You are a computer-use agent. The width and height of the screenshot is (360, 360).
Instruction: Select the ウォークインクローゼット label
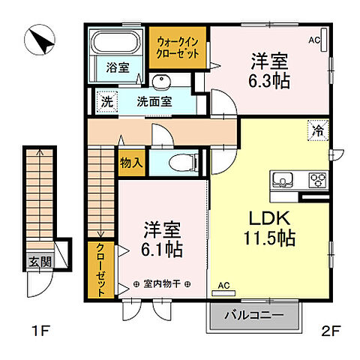tap(177, 48)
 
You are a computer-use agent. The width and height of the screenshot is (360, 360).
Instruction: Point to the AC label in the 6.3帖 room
tap(315, 39)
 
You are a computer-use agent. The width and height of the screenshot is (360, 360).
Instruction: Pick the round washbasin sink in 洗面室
tap(161, 82)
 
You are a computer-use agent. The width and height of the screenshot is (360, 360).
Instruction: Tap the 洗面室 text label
tap(154, 101)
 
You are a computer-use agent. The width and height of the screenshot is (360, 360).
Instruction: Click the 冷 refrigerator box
tap(316, 130)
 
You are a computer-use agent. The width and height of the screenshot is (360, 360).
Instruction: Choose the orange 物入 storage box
tap(130, 160)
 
